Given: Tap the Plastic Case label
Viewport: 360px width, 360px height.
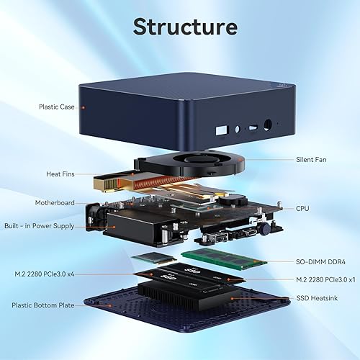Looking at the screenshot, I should [58, 107].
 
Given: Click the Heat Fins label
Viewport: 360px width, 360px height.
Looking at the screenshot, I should [60, 174].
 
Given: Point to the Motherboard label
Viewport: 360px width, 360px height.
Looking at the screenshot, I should [55, 203].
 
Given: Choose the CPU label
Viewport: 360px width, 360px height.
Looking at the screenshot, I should [303, 209].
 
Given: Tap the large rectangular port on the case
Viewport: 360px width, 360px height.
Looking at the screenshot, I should [220, 132].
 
